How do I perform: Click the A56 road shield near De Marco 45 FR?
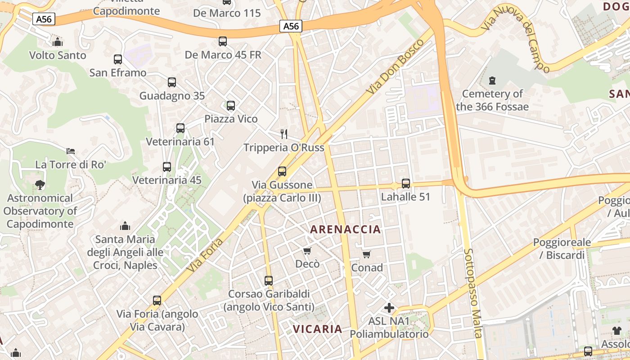pyautogui.click(x=291, y=26)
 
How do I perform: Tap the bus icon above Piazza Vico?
pyautogui.click(x=231, y=106)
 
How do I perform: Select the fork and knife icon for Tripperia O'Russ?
pyautogui.click(x=284, y=134)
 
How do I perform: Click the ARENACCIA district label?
pyautogui.click(x=346, y=229)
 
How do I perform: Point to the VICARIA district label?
pyautogui.click(x=318, y=329)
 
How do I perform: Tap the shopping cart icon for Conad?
pyautogui.click(x=367, y=255)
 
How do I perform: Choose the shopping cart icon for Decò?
pyautogui.click(x=307, y=251)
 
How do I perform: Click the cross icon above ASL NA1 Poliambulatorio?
pyautogui.click(x=389, y=308)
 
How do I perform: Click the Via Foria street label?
pyautogui.click(x=205, y=255)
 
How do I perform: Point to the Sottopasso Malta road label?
pyautogui.click(x=473, y=292)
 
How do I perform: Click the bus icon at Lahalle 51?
pyautogui.click(x=406, y=184)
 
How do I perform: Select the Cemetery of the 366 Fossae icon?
pyautogui.click(x=492, y=81)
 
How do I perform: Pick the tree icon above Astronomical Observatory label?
pyautogui.click(x=40, y=185)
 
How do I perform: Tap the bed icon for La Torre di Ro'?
pyautogui.click(x=71, y=151)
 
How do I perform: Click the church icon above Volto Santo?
pyautogui.click(x=57, y=42)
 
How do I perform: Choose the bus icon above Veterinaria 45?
pyautogui.click(x=167, y=167)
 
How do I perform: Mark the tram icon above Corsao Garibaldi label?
pyautogui.click(x=269, y=281)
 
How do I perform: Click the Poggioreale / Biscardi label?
pyautogui.click(x=562, y=249)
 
